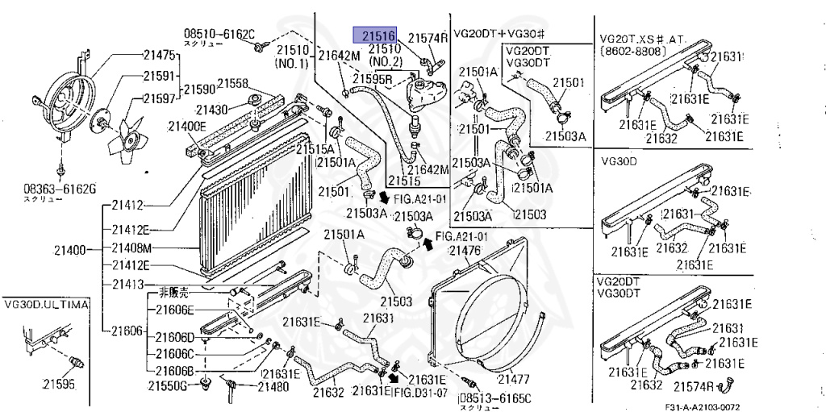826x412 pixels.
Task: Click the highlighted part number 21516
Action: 378,36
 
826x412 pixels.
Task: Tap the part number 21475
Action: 159,56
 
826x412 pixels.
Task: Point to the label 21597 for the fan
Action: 159,98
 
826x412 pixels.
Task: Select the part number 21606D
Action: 175,337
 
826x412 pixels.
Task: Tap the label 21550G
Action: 167,386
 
